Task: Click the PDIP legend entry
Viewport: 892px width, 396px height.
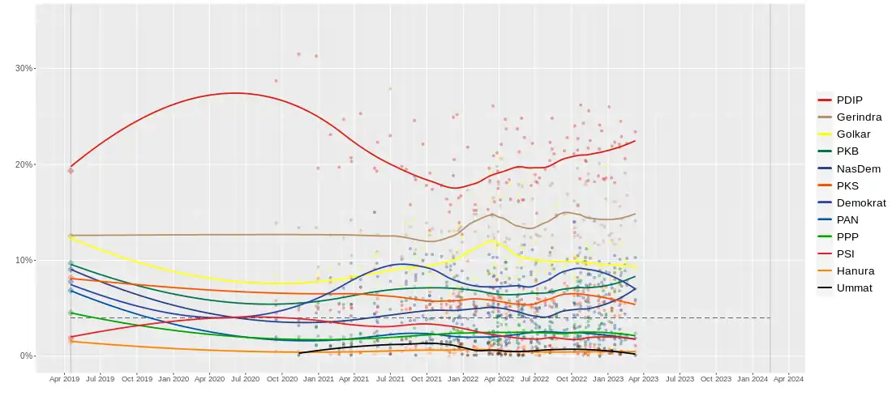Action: (849, 100)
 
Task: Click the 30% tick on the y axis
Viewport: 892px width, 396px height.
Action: (24, 69)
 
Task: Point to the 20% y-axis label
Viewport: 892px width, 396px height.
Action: (24, 164)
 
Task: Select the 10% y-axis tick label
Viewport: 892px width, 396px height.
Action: (24, 260)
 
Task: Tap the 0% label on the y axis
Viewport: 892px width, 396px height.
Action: (26, 356)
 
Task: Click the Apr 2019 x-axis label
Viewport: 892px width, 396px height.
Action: (65, 378)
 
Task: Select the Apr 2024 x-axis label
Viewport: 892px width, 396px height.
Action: (788, 378)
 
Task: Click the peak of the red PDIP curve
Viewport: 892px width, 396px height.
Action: (234, 93)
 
